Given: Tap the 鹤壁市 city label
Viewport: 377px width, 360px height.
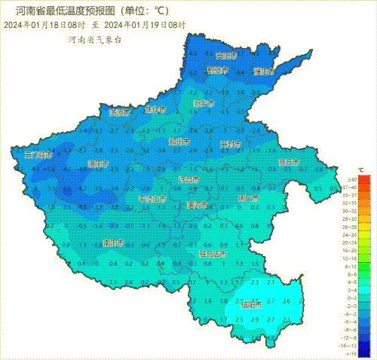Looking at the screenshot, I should click(x=217, y=70).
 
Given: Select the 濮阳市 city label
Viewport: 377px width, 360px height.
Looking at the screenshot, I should click(x=264, y=72).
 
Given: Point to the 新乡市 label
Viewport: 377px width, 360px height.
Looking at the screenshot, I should click(x=204, y=103).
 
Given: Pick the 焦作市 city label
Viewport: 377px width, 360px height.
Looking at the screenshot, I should click(x=156, y=110).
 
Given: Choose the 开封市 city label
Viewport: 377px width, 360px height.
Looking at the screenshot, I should click(x=230, y=144).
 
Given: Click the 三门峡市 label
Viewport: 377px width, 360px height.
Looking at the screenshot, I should click(x=38, y=154).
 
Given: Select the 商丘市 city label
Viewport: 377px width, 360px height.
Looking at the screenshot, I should click(x=289, y=162).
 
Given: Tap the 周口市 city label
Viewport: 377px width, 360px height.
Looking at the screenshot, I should click(x=247, y=198).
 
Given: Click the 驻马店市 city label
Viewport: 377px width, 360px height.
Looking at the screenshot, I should click(x=213, y=255).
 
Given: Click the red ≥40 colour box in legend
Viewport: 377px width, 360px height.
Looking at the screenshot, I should click(x=364, y=179).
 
